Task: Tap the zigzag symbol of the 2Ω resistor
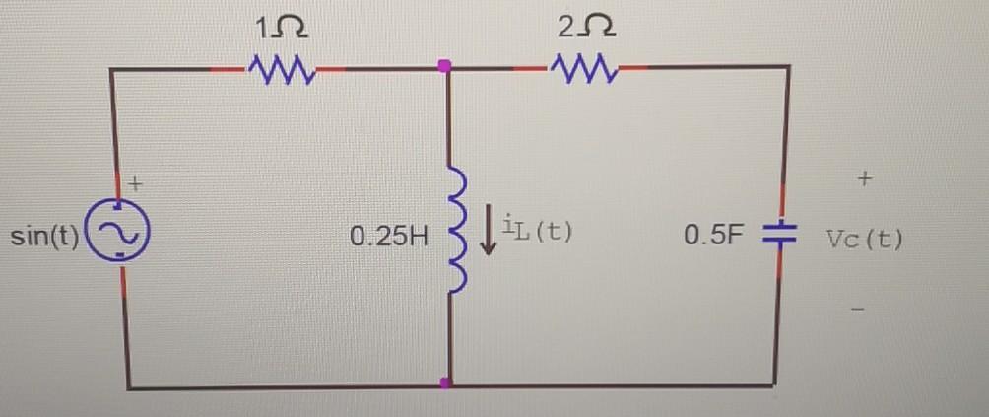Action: coord(585,68)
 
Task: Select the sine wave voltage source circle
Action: coord(119,232)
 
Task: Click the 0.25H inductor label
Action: coord(389,238)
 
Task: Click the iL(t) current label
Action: coord(537,234)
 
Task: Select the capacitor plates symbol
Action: coord(779,236)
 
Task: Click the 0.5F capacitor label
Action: coord(716,237)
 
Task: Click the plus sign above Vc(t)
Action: coord(865,179)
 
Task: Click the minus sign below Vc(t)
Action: coord(861,309)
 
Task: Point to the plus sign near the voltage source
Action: coord(138,182)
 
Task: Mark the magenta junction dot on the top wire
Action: coord(444,66)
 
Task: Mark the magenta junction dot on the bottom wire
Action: coord(446,382)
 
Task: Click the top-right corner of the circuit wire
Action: coord(788,67)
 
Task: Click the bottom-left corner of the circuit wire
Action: coord(128,387)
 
